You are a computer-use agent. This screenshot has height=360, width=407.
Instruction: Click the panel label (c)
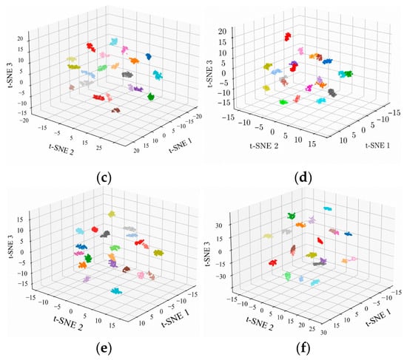(x=104, y=178)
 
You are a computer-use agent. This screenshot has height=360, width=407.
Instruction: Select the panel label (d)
(x=303, y=178)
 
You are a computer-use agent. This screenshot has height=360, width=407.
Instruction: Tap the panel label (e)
(x=104, y=349)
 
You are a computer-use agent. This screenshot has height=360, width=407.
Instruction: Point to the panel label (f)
(x=303, y=349)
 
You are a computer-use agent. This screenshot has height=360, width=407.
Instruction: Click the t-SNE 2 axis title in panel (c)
(x=61, y=149)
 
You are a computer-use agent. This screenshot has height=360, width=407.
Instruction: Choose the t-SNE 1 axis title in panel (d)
(x=377, y=146)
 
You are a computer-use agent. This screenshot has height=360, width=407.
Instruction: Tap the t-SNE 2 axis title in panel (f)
(x=259, y=323)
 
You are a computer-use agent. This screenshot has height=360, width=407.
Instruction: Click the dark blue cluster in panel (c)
(x=149, y=56)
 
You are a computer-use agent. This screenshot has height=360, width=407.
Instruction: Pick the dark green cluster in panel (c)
(x=151, y=97)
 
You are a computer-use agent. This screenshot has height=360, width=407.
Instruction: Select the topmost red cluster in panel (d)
(x=288, y=36)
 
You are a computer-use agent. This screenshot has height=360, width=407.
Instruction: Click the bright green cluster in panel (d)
(x=283, y=102)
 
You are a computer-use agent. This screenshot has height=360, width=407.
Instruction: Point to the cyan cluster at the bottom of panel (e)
(x=116, y=291)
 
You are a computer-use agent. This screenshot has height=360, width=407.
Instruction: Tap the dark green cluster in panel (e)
(x=89, y=258)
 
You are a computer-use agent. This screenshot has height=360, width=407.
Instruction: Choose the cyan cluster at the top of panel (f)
(x=328, y=208)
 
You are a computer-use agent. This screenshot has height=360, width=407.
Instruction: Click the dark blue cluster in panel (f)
(x=349, y=234)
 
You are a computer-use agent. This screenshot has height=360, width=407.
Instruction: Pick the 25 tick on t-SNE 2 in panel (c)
(x=99, y=148)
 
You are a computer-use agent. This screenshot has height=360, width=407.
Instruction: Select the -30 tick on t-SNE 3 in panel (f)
(x=223, y=276)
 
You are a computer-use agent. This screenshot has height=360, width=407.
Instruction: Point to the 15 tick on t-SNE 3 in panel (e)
(x=20, y=220)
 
